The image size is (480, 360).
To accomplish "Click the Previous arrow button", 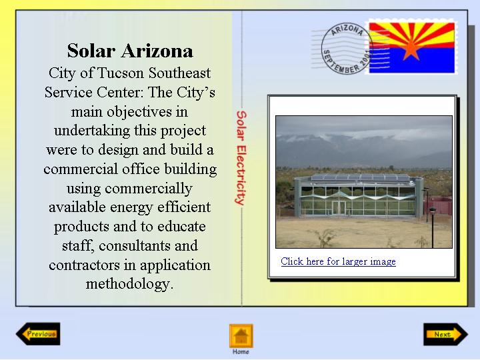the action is [38, 334].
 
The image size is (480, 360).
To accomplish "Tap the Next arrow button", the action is [446, 334].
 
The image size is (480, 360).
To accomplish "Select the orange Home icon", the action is [241, 336].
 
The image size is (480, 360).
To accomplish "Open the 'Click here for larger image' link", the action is [338, 261].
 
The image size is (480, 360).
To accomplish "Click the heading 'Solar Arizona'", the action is [130, 51].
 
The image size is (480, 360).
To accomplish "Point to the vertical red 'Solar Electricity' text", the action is [241, 157].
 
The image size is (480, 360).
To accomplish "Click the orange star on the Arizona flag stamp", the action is [411, 49].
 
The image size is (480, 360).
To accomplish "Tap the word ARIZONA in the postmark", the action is [347, 30].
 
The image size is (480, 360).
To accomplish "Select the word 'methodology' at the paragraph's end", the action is [127, 284].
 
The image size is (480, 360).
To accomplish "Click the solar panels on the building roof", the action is [360, 177].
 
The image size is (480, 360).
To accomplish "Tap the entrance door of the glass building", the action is [339, 207].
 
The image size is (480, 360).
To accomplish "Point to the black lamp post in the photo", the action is [433, 227].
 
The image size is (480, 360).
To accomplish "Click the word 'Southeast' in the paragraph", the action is [179, 73].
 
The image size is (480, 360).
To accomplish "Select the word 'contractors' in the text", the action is [84, 265].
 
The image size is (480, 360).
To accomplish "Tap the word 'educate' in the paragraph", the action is [181, 227].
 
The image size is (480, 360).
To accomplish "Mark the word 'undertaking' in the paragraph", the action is [92, 131].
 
